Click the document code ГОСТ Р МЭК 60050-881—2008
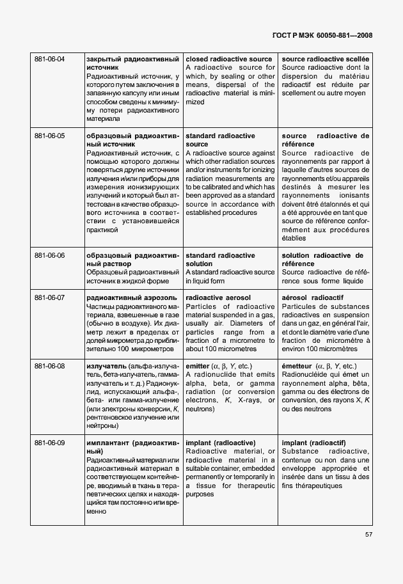click(322, 36)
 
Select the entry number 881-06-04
click(49, 59)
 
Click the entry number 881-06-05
click(49, 136)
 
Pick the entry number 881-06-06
click(49, 255)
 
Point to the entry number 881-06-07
click(49, 298)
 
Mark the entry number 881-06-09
click(49, 443)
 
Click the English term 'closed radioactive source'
click(228, 59)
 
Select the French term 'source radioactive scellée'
click(325, 59)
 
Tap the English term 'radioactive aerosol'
click(217, 298)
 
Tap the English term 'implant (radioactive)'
click(220, 443)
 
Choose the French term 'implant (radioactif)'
click(313, 443)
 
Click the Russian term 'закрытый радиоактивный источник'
click(132, 63)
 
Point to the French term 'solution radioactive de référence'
click(325, 259)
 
